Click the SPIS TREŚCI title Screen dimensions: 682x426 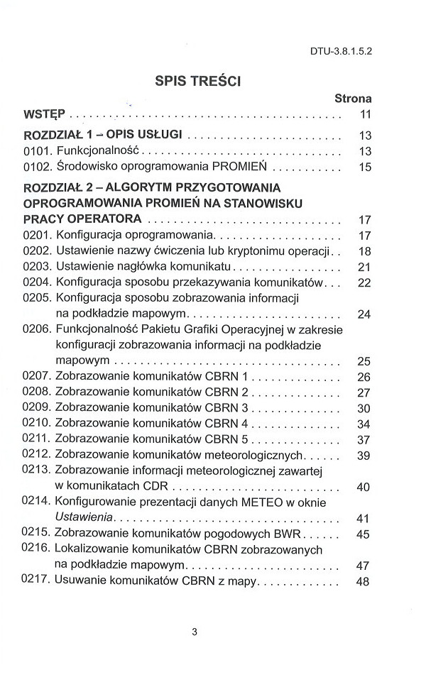pyautogui.click(x=198, y=82)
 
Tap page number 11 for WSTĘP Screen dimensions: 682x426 pyautogui.click(x=366, y=114)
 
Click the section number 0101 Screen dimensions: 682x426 pyautogui.click(x=37, y=150)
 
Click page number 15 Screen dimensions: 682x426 pyautogui.click(x=366, y=168)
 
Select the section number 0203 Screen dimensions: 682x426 pyautogui.click(x=37, y=267)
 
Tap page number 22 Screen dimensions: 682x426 pyautogui.click(x=365, y=283)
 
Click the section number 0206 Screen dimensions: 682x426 pyautogui.click(x=37, y=330)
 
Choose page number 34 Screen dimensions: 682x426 pyautogui.click(x=365, y=424)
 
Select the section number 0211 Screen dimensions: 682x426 pyautogui.click(x=37, y=439)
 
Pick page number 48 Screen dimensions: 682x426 pyautogui.click(x=365, y=582)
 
